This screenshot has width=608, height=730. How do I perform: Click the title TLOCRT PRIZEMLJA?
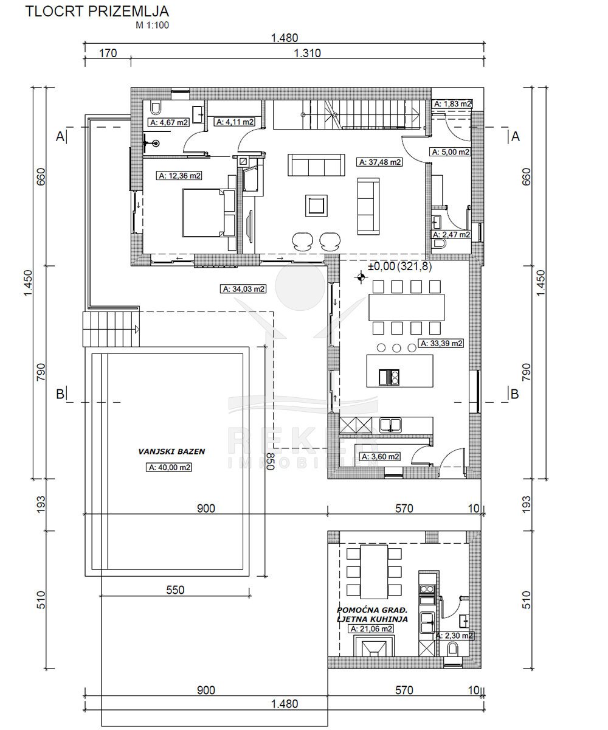(97, 12)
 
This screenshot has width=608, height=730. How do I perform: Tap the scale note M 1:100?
(153, 25)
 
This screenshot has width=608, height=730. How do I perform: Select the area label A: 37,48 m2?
(380, 162)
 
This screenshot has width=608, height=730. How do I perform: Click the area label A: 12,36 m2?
(179, 176)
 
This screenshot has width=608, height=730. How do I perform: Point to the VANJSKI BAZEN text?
(171, 451)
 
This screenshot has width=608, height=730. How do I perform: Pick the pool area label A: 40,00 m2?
(170, 467)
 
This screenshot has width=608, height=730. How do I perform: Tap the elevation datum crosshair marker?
(361, 277)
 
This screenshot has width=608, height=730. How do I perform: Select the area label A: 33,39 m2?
(441, 343)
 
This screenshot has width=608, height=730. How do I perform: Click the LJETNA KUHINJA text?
(372, 619)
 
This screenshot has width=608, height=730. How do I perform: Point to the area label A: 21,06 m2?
(371, 628)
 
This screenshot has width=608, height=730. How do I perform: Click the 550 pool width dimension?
(175, 590)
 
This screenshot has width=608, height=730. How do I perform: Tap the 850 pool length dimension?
(271, 461)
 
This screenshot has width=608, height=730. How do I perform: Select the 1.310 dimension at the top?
(307, 53)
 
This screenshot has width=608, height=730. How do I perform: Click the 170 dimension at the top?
(108, 53)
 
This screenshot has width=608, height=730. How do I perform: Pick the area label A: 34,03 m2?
(243, 289)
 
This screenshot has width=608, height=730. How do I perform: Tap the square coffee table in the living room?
(317, 206)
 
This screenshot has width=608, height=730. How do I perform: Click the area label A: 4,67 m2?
(169, 122)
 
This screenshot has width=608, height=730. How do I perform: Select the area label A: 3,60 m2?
(380, 457)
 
